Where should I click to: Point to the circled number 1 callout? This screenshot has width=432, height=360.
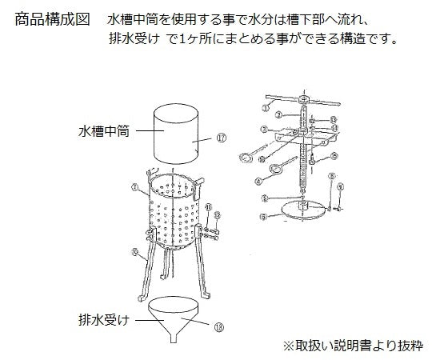pos(267,107)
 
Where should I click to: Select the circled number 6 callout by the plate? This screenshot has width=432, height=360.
pos(262,216)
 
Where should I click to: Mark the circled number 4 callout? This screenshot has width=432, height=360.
pos(261,160)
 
